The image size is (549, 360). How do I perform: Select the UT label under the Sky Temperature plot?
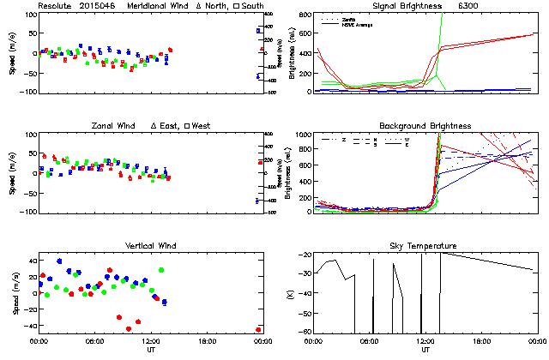click(425, 350)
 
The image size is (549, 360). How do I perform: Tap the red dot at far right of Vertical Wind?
click(258, 329)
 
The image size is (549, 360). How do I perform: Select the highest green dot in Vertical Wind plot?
click(161, 271)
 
